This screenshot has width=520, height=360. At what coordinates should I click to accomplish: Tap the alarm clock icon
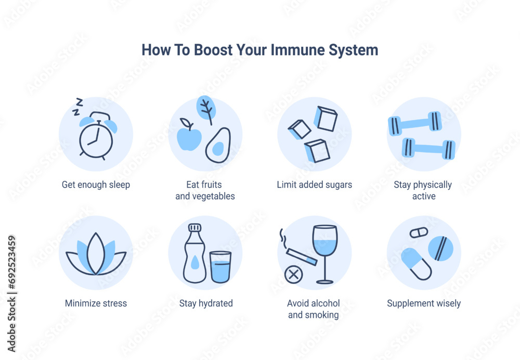click(97, 136)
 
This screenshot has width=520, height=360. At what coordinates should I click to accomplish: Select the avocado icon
click(218, 145)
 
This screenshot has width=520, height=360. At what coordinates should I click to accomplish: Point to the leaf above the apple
click(206, 109)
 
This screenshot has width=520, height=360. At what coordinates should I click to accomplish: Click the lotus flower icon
click(96, 254)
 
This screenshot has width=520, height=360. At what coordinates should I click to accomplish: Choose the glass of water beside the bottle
click(220, 267)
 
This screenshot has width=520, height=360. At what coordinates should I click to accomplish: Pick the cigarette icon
click(302, 257)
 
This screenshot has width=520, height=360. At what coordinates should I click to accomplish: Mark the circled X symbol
click(293, 275)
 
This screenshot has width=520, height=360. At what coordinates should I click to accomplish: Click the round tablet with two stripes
click(440, 248)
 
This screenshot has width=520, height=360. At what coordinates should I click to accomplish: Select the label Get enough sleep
click(96, 185)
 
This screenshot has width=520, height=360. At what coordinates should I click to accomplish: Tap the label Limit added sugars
click(315, 185)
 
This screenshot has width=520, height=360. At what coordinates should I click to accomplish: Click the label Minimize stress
click(96, 303)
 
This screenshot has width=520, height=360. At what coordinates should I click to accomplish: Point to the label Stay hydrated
click(206, 303)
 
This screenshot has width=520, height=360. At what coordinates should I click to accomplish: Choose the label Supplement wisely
click(424, 303)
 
